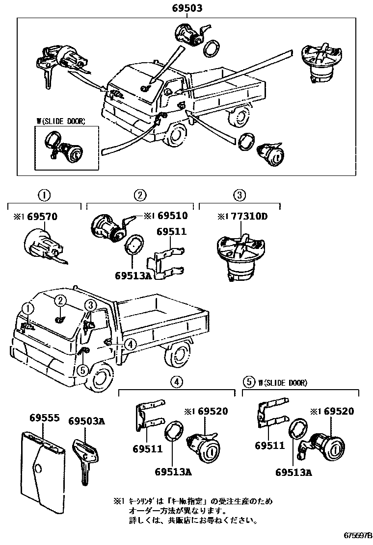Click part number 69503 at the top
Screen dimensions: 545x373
[187, 8]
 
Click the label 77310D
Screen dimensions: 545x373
[250, 216]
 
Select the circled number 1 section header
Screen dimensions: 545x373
[45, 196]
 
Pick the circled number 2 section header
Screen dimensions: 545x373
[140, 196]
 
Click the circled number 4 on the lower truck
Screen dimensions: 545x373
[130, 344]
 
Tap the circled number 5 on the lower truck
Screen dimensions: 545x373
[83, 371]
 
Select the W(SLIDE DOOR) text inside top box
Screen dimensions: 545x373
[60, 121]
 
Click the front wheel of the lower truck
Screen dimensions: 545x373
[101, 377]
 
